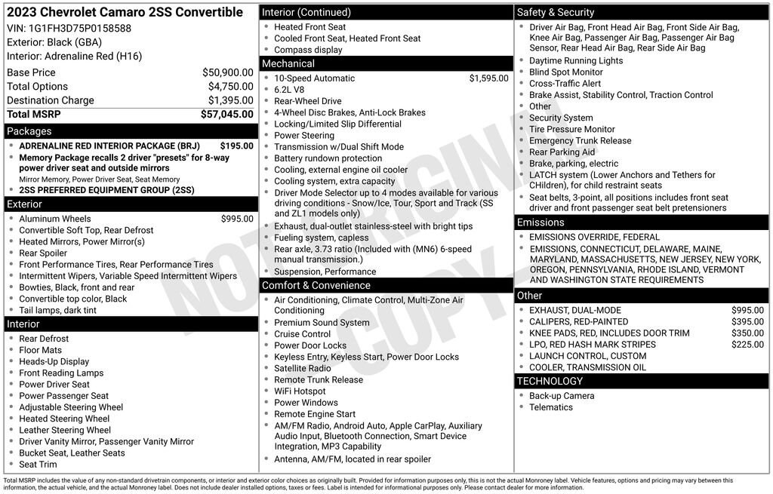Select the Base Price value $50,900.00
tap(227, 72)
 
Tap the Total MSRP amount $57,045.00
tap(226, 115)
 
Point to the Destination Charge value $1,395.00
tap(230, 100)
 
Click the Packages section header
tap(29, 131)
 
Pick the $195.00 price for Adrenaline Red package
tap(236, 146)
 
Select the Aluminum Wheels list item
tap(54, 219)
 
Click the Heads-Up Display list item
tap(54, 361)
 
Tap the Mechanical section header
tap(288, 64)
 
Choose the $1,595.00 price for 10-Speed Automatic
tap(488, 78)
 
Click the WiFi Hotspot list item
tap(300, 391)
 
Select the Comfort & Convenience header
tap(316, 285)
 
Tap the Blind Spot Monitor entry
tap(566, 72)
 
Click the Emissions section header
tap(540, 222)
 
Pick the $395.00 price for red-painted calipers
tap(747, 322)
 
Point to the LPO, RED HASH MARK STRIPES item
tap(593, 345)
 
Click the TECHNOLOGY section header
tap(550, 381)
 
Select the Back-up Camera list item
tap(562, 396)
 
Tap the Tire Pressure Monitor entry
tap(572, 130)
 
